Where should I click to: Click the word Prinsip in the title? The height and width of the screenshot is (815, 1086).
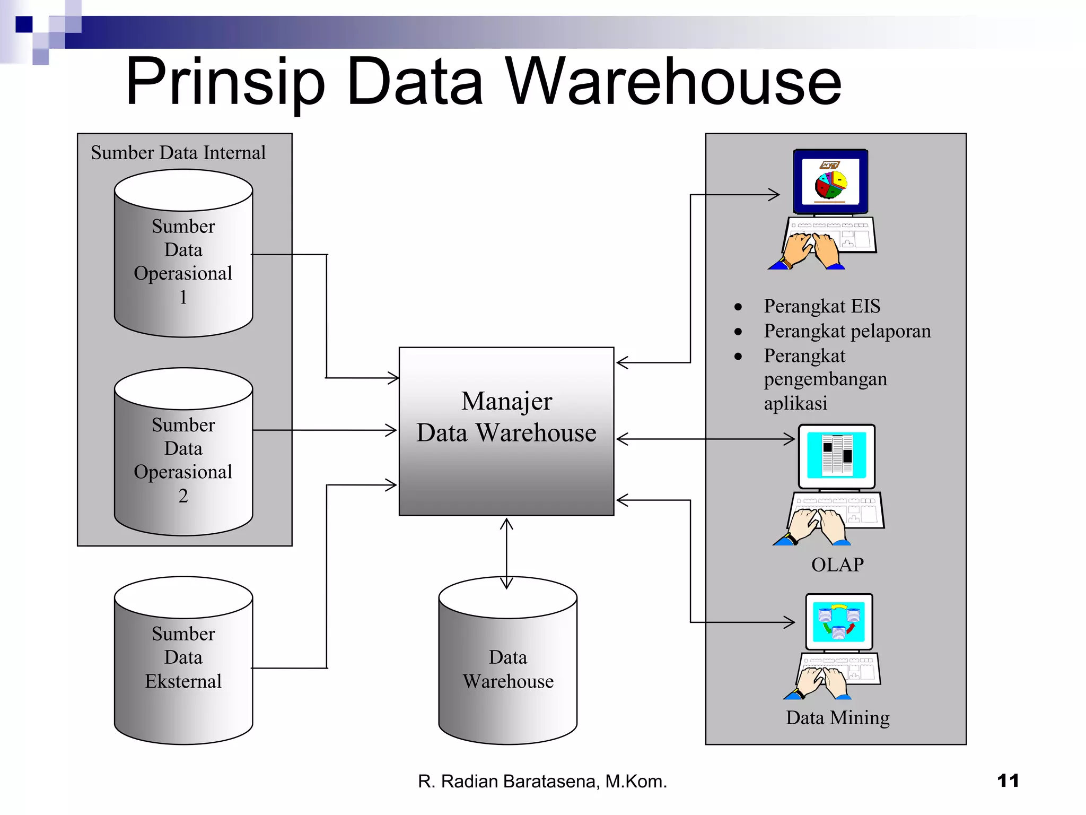coord(225,82)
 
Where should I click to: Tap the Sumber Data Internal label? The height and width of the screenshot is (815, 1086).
coord(178,153)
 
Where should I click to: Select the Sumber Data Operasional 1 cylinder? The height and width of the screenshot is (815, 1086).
coord(183,260)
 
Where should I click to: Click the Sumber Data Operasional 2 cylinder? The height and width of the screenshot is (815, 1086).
coord(183,459)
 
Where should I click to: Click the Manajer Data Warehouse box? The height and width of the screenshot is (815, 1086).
coord(506,431)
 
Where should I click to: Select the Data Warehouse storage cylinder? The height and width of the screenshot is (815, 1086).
coord(507,669)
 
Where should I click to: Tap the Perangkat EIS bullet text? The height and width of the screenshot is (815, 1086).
coord(822,306)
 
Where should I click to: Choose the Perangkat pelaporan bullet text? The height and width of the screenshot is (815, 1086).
coord(847,331)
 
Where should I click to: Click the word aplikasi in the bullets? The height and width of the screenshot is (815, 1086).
coord(795,403)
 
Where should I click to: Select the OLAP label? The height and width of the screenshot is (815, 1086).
coord(837,565)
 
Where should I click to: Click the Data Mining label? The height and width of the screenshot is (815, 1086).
coord(837,717)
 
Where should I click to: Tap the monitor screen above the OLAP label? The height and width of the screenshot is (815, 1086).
coord(837,455)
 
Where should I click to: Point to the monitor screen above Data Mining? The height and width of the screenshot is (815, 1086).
coord(839,621)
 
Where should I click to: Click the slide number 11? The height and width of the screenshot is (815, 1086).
coord(1008,781)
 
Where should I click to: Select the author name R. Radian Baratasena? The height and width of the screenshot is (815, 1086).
coord(542,782)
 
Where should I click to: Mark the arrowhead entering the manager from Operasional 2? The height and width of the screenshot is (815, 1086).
coord(391,430)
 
